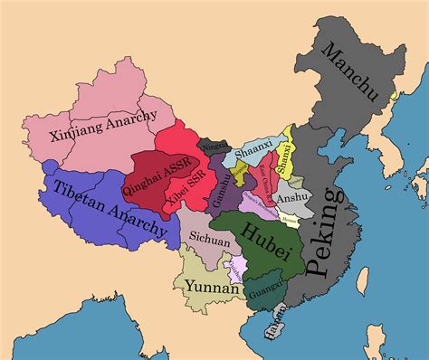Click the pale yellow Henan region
pos(290,217)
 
